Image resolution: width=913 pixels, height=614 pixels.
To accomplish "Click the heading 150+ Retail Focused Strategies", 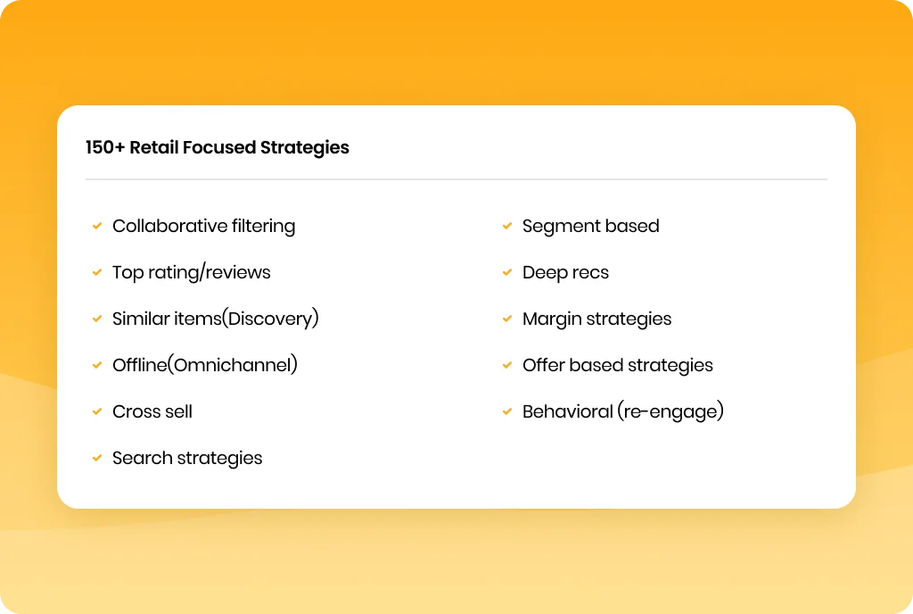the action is click(218, 148).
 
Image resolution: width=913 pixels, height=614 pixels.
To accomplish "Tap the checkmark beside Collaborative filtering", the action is click(97, 226).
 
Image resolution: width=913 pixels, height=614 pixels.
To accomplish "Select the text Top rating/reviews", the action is click(192, 272).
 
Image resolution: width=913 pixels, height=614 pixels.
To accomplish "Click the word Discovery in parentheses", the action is click(270, 319).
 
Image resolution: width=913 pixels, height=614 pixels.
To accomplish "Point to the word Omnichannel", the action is click(233, 365).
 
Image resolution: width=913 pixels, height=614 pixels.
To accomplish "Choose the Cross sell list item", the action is click(152, 411).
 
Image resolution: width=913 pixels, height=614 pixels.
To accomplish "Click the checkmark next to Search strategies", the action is click(97, 458).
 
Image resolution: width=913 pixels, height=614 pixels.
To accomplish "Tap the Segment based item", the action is click(590, 226).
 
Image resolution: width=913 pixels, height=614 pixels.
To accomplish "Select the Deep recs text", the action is click(565, 272).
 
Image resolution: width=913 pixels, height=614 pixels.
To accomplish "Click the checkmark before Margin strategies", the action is click(507, 319).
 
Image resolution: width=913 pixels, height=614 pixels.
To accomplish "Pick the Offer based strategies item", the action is click(617, 365).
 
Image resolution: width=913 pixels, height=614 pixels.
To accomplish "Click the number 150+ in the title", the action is click(105, 147).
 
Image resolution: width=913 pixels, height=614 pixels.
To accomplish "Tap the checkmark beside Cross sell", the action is click(97, 411).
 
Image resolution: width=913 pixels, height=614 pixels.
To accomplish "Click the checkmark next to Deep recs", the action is click(507, 272).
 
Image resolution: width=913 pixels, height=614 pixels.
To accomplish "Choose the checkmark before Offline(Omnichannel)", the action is click(97, 365).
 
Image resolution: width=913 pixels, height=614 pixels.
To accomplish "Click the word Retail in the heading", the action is click(153, 147).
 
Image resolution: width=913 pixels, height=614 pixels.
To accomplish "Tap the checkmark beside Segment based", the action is click(507, 226).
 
